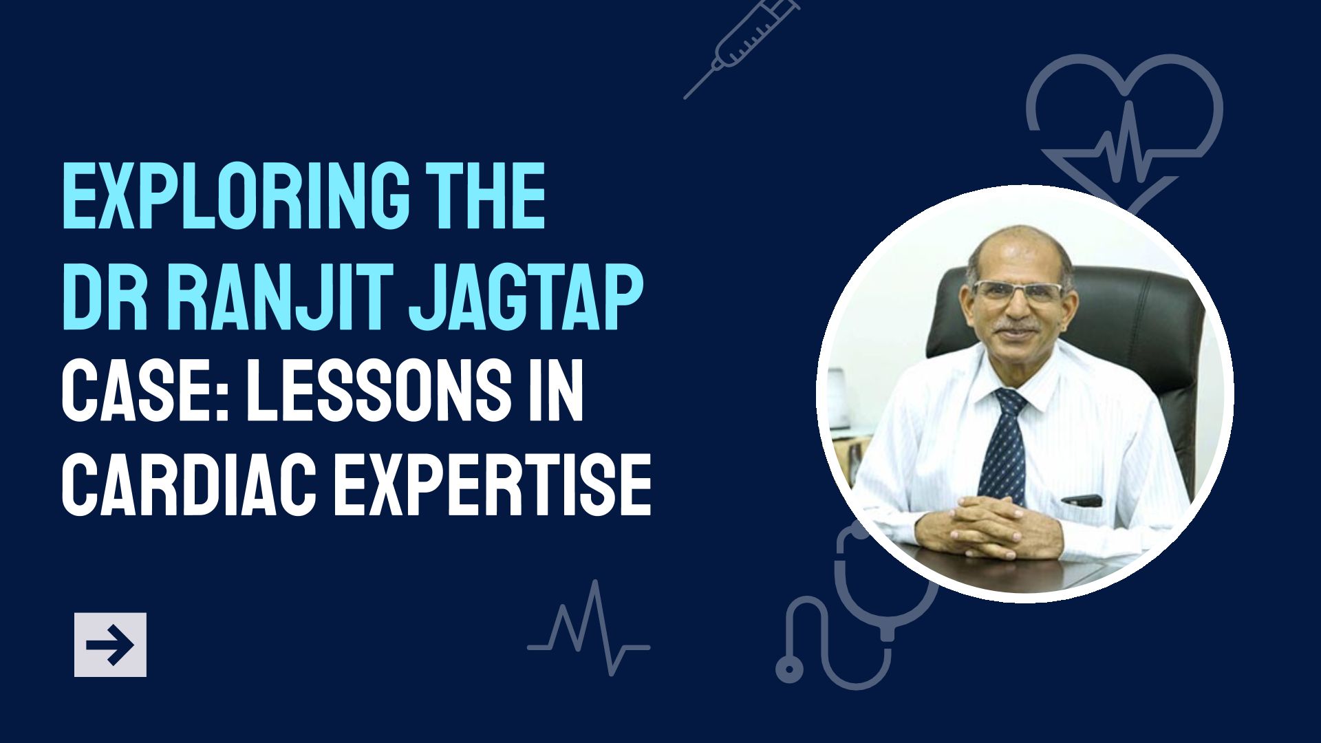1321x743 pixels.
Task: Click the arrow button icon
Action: pos(110,645)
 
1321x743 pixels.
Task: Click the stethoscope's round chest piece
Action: pos(790,667)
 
